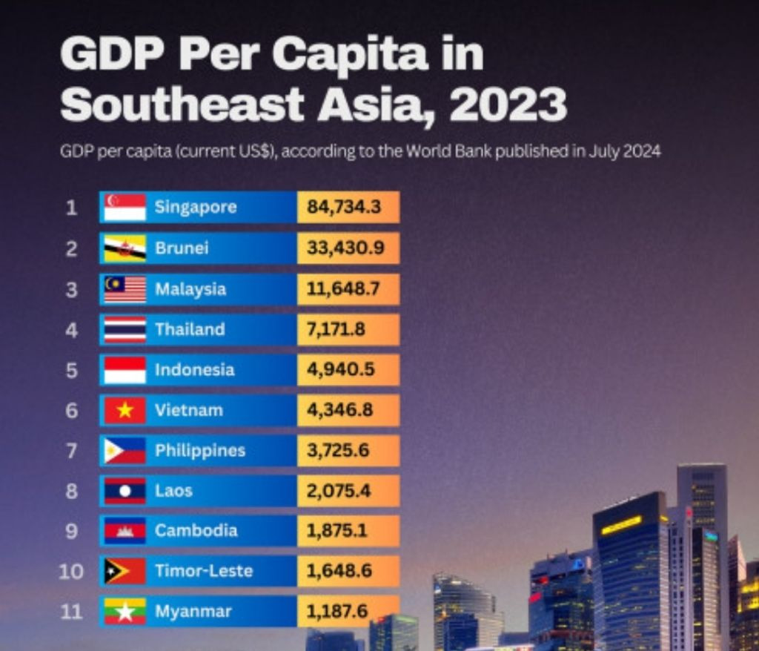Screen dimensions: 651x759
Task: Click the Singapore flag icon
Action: tap(125, 208)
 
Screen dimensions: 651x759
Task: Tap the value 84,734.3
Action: tap(344, 207)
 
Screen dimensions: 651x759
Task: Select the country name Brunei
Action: tap(182, 248)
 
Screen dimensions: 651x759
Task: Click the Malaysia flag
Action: tap(125, 288)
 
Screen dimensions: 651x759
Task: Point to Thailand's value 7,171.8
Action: tap(336, 329)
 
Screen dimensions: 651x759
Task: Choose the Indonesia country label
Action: tap(194, 369)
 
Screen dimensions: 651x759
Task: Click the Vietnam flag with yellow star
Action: tap(125, 410)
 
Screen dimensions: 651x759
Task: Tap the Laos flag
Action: tap(125, 491)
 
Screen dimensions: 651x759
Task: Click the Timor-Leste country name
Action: tap(204, 571)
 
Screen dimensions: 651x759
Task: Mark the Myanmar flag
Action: tap(125, 612)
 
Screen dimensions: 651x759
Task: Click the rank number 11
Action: tap(70, 612)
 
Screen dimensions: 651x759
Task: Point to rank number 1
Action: tap(71, 208)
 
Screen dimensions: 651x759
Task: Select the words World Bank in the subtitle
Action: tap(448, 152)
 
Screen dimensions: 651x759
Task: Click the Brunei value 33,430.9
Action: tap(345, 248)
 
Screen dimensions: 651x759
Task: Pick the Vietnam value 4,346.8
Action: tap(339, 410)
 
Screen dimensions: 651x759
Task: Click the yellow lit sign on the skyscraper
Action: tap(621, 525)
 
